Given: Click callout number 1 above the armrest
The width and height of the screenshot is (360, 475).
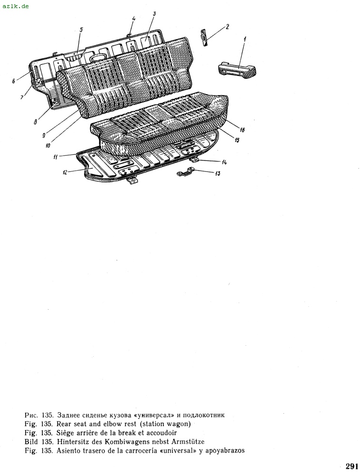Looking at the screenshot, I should click(245, 38).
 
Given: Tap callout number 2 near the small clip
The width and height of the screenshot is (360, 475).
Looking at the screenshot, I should click(227, 27).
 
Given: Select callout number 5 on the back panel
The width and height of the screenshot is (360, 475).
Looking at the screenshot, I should click(81, 29).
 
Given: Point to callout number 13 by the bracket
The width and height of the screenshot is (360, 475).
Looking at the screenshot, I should click(217, 174).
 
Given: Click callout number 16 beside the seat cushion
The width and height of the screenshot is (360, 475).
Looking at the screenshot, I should click(242, 130).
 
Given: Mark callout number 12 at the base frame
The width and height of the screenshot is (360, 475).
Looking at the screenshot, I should click(65, 173).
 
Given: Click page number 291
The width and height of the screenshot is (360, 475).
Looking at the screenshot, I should click(351, 466).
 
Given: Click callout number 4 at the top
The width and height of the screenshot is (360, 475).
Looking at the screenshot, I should click(133, 19).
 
